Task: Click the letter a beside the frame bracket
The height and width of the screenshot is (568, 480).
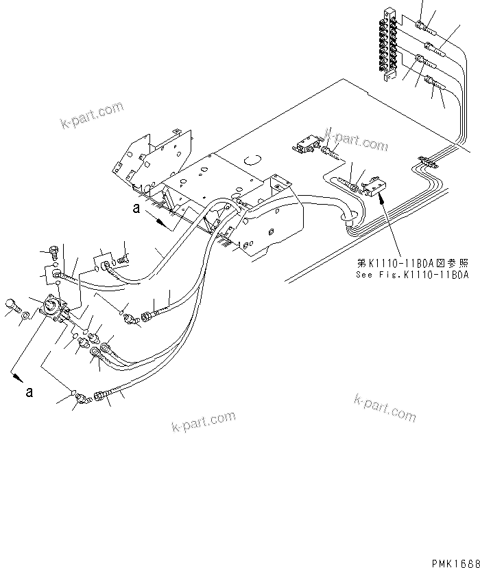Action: pos(136,212)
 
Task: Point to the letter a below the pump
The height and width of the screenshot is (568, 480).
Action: pos(28,392)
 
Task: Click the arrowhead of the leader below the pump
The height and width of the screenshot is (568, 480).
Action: pos(14,376)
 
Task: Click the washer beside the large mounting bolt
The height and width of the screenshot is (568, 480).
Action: pos(25,316)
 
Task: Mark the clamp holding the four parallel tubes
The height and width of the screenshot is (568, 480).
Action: pos(426,163)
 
